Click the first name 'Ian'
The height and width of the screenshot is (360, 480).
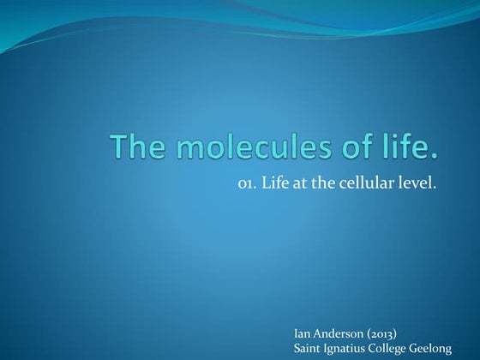303,332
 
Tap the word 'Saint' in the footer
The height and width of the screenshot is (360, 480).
309,346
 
